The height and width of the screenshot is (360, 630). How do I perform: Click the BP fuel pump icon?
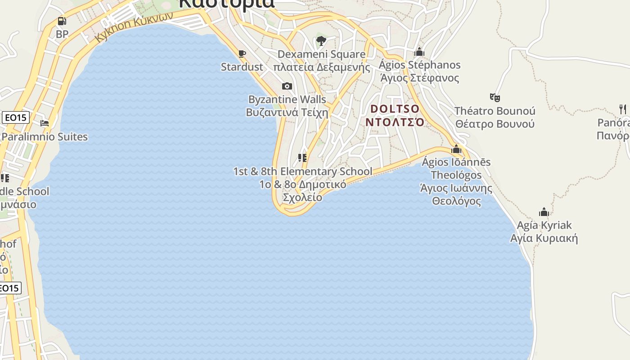pos(62,21)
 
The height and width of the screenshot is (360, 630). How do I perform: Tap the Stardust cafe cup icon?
pos(242,54)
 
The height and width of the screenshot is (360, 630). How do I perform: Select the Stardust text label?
pos(242,67)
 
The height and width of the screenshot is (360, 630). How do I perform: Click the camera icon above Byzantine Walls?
pos(287,86)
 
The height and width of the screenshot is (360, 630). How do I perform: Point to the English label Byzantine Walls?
pos(287,99)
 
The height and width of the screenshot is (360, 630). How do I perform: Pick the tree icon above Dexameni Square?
pos(321,41)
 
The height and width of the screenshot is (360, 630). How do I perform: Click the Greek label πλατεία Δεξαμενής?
pos(321,67)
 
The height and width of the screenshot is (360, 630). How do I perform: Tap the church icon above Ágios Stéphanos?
pos(419,52)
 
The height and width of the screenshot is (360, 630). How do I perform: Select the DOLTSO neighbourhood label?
pos(395,109)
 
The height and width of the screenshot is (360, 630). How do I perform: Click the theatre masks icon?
pos(495,97)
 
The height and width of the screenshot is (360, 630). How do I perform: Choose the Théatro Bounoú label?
pos(495,111)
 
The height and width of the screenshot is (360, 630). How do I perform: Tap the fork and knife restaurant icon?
pos(623,109)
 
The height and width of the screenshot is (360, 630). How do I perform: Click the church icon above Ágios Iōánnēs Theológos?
pos(456,149)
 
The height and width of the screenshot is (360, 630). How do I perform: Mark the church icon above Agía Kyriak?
pos(544,212)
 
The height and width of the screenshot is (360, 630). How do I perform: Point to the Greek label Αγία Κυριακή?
pos(544,238)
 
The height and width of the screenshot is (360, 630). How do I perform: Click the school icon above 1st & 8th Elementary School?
pos(302,158)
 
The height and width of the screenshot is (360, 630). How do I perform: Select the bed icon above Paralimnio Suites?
pos(45,123)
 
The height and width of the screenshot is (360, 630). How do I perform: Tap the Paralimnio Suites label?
pos(45,137)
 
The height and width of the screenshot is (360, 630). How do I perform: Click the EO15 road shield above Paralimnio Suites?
pos(16,118)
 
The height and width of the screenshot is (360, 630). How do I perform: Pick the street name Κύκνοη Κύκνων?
pos(134,27)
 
